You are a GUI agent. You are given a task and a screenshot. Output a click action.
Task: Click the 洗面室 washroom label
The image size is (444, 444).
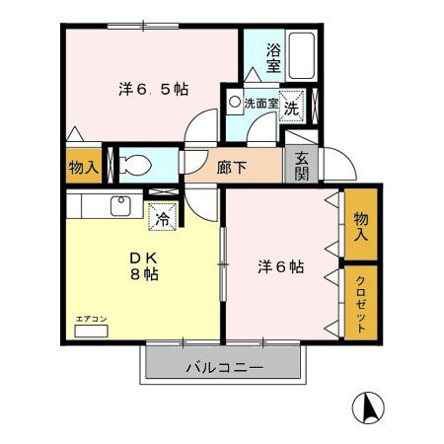[260, 102]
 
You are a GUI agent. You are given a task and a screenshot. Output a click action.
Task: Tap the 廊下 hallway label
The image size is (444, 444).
[233, 167]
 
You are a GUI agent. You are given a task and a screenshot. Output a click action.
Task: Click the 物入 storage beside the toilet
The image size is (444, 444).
[83, 167]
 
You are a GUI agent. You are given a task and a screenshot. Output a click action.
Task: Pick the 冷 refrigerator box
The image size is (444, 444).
[161, 217]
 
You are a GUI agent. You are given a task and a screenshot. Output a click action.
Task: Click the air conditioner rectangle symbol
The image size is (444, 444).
[90, 333]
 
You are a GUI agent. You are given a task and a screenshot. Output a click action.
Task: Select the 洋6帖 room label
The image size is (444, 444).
[280, 266]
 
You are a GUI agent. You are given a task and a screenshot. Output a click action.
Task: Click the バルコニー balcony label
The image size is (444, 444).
[223, 368]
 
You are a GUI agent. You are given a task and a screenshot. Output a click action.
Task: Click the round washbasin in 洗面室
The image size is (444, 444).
[235, 101]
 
